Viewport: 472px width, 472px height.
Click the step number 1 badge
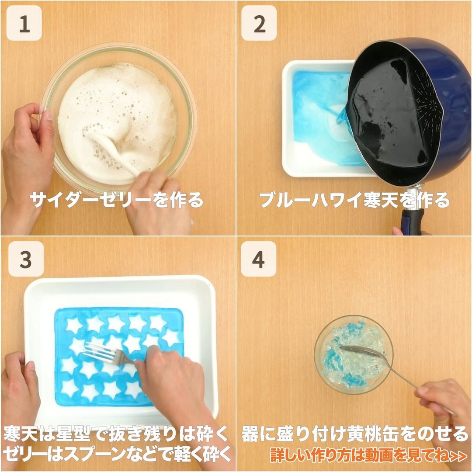(x=24, y=23)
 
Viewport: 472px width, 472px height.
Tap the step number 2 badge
(x=259, y=23)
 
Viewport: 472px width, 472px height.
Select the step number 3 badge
(x=26, y=259)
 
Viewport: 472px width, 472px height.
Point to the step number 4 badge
(x=259, y=259)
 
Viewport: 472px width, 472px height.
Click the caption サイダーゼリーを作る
(x=117, y=200)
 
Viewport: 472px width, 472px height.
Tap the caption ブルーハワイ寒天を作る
(x=354, y=200)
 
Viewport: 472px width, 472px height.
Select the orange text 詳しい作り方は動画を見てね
(x=368, y=455)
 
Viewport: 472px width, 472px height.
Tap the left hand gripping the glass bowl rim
(x=27, y=156)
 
